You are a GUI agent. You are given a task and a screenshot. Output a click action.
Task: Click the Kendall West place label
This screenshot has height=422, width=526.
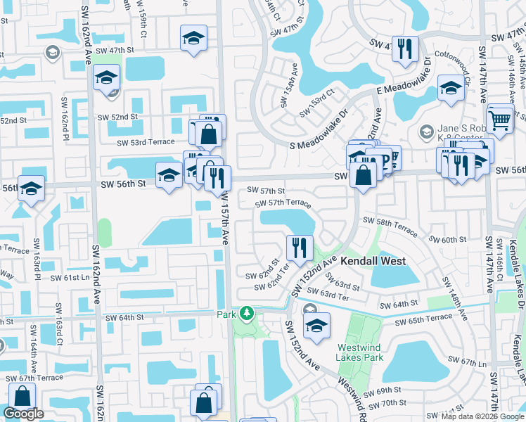373,261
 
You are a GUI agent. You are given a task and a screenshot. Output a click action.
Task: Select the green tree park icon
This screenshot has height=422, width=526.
245,312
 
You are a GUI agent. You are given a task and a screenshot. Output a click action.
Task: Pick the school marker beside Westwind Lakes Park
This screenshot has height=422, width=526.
316,326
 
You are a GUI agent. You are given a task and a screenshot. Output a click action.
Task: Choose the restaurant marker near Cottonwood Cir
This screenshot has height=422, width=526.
404,49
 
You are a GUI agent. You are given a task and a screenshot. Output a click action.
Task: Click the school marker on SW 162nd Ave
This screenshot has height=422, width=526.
106,77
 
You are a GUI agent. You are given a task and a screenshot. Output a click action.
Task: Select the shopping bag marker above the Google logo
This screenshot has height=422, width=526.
22,398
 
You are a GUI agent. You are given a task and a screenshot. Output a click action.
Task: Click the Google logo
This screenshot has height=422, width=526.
23,414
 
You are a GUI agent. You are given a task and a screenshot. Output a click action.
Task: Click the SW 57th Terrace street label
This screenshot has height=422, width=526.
283,203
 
